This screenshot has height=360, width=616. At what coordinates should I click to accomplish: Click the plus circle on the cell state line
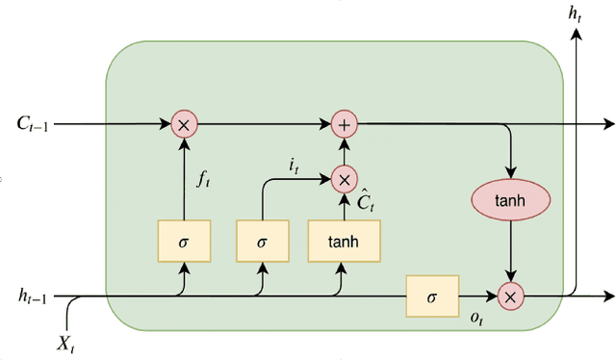(x=343, y=123)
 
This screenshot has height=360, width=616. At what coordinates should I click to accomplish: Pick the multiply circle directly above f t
(x=183, y=123)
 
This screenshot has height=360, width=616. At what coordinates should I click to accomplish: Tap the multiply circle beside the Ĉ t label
(x=343, y=178)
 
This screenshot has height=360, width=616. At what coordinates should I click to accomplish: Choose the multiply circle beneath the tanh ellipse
(x=510, y=297)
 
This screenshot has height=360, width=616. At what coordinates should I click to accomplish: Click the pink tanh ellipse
(x=510, y=200)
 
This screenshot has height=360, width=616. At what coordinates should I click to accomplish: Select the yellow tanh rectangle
(x=344, y=241)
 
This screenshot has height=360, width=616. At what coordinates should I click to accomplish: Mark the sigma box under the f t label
(x=183, y=241)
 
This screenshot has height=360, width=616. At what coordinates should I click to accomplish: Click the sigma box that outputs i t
(x=262, y=241)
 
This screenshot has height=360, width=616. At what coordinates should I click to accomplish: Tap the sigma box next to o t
(x=432, y=296)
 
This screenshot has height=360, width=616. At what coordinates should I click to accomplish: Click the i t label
(x=295, y=166)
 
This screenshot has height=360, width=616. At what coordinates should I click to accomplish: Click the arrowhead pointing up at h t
(x=576, y=35)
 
